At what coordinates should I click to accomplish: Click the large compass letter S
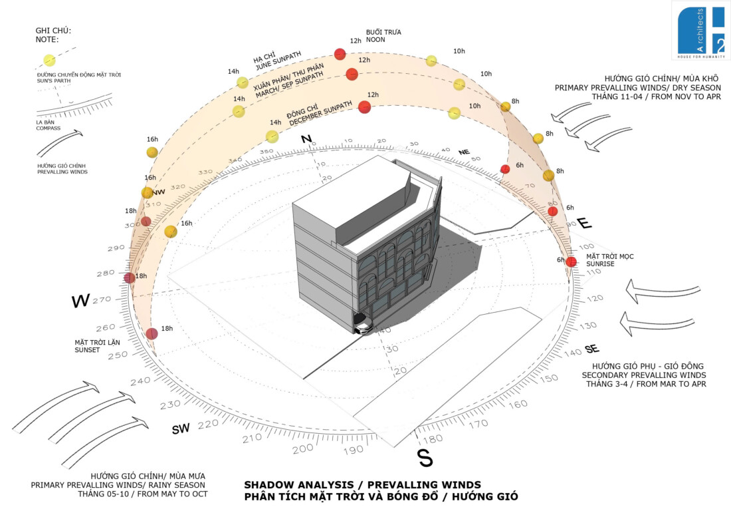[424, 457]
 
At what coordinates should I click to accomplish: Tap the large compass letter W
[80, 301]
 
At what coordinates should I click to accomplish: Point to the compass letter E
[584, 224]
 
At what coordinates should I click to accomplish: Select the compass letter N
[306, 139]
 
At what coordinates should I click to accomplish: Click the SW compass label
[181, 429]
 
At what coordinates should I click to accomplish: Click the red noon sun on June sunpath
[340, 54]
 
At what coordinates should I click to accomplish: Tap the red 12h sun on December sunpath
[364, 106]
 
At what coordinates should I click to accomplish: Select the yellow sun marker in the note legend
[49, 60]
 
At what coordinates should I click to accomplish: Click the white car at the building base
[363, 327]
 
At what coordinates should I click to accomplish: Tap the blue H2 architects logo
[700, 29]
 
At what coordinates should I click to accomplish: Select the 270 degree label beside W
[102, 300]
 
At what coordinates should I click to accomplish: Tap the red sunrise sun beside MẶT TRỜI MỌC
[571, 261]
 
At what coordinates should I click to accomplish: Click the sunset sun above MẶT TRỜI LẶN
[152, 334]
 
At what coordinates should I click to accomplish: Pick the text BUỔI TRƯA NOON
[383, 35]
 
